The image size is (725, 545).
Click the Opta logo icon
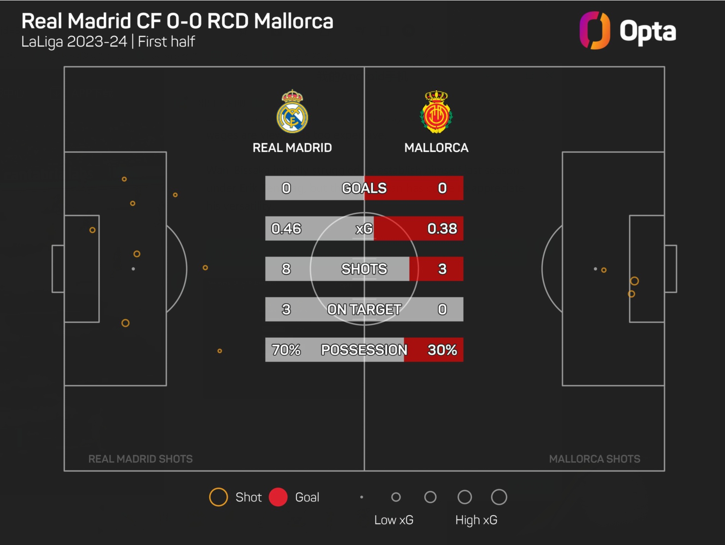coord(594,31)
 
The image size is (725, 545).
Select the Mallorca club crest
coord(436,112)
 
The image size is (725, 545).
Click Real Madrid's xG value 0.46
coord(286,229)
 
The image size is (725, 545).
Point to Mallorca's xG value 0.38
coord(442,229)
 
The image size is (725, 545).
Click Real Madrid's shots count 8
coord(286,269)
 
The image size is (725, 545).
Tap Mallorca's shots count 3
coord(442,269)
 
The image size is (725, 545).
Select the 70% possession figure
coord(286,350)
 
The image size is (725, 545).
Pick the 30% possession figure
coord(442,350)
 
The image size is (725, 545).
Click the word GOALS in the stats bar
coord(364,188)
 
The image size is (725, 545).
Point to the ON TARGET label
coord(364,310)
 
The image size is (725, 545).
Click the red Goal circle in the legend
coord(278,497)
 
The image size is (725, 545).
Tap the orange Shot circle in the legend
coord(218,497)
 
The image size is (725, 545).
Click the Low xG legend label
coord(394,520)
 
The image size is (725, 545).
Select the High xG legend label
coord(476,520)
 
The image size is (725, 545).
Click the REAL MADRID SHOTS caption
coord(140,459)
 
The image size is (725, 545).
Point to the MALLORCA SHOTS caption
coord(594,459)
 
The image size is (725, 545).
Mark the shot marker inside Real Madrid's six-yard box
coord(92,230)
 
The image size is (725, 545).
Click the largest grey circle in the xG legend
coord(499,497)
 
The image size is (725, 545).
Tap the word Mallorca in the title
coord(294,21)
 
